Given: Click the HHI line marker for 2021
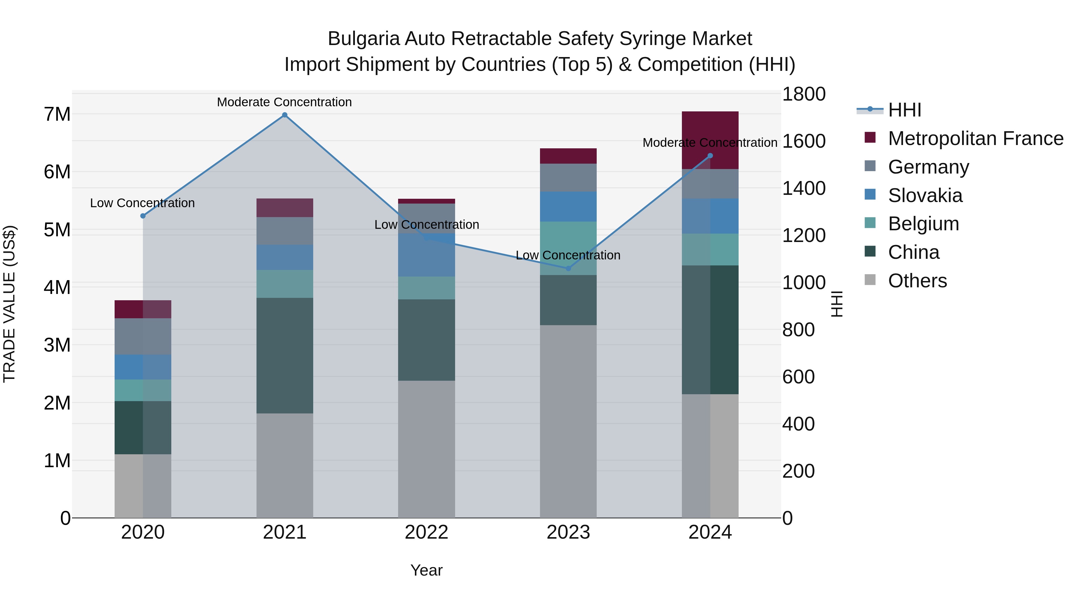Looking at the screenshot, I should tap(285, 115).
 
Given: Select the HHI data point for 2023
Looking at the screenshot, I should tap(568, 268).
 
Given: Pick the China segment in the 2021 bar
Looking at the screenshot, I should tap(285, 355).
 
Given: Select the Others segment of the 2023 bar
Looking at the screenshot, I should tap(568, 421).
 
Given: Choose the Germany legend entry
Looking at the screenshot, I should tap(928, 167).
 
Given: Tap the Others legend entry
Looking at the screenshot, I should tap(917, 281).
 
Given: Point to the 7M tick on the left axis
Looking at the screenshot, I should tap(57, 114).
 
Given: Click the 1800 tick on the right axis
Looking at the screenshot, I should tap(804, 94).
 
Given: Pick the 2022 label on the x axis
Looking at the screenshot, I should tap(426, 532).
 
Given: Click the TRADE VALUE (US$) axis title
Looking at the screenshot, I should tap(9, 304).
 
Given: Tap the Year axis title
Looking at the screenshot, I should tap(426, 570).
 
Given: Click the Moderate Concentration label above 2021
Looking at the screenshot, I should tap(284, 102).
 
